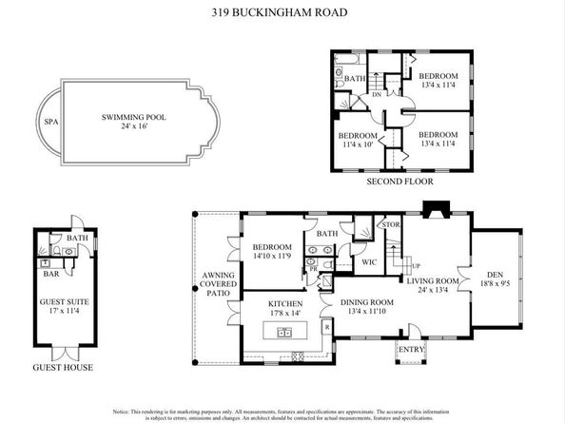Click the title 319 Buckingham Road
[x=282, y=14]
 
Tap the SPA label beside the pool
[x=51, y=123]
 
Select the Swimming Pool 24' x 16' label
[x=133, y=122]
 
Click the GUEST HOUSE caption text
[x=63, y=367]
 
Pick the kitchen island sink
[x=282, y=333]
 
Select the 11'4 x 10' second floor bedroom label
[x=359, y=141]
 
